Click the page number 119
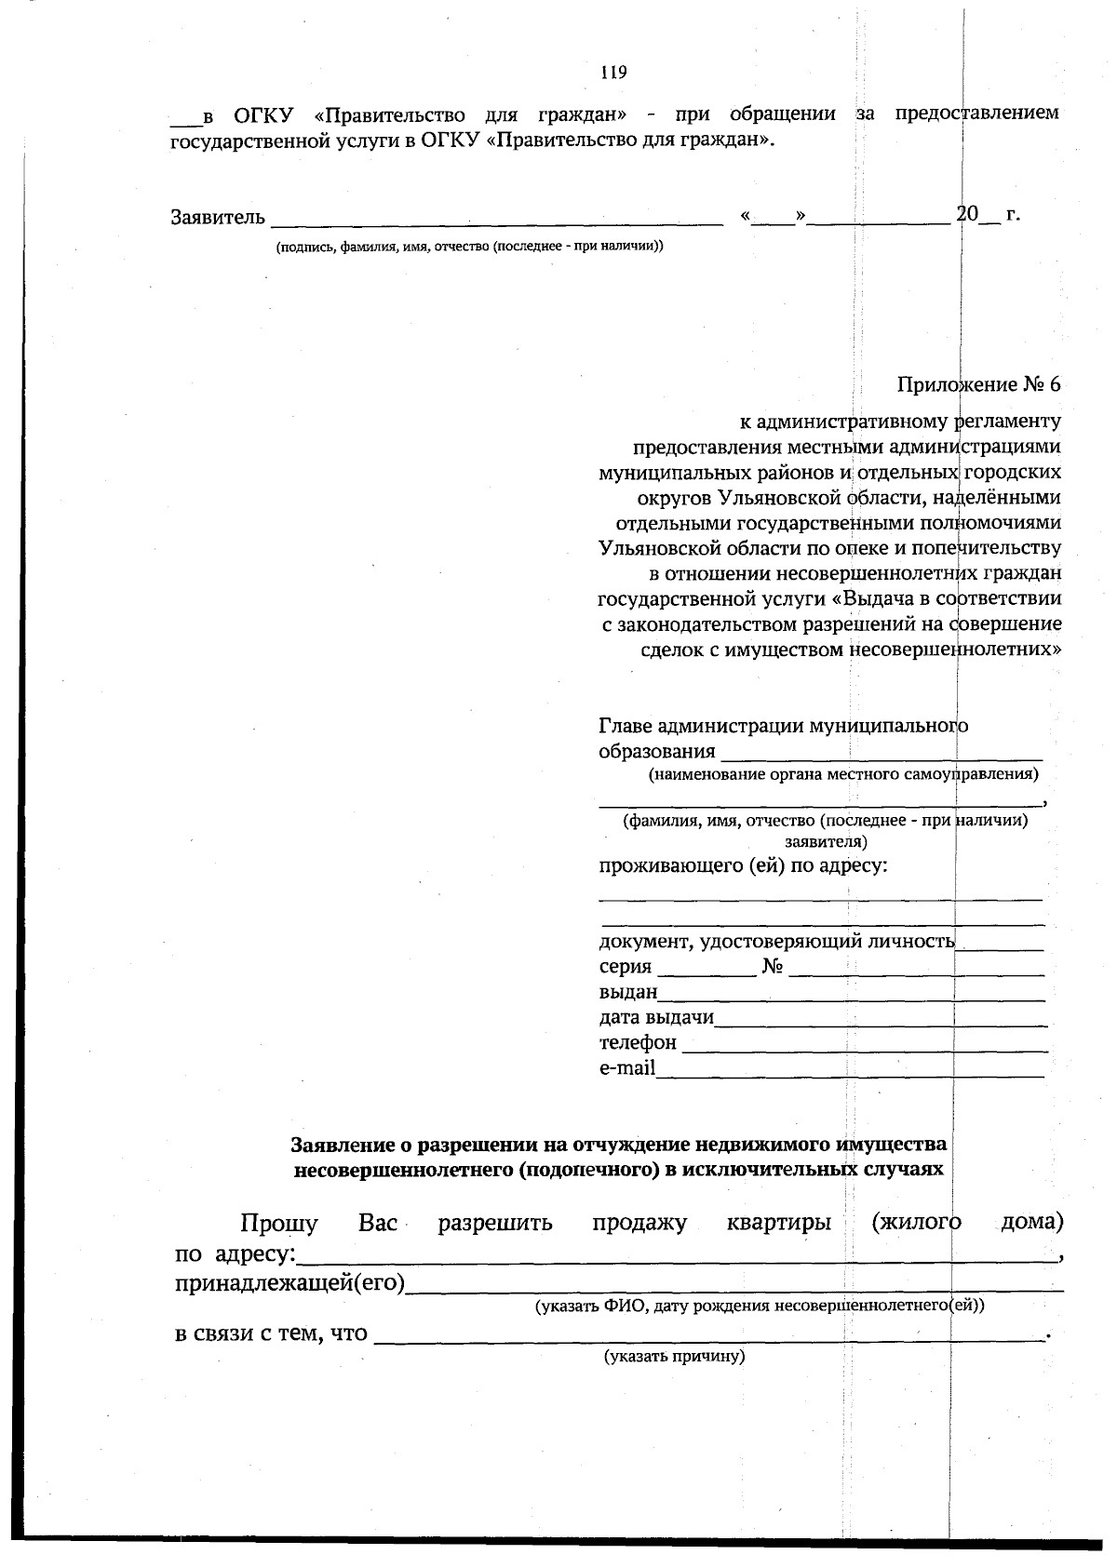coord(613,73)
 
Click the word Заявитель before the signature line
coord(218,218)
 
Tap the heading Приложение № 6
coord(978,384)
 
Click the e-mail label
coord(626,1067)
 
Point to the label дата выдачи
coord(655,1017)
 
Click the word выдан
coord(627,992)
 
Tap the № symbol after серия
coord(773,967)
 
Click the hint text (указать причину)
coord(675,1356)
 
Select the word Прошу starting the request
coord(278,1223)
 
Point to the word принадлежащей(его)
coord(289,1284)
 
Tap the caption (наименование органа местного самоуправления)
coord(842,774)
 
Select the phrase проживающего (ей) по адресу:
coord(742,866)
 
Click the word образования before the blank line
coord(656,751)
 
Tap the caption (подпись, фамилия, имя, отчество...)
coord(468,247)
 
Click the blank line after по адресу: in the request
coord(675,1258)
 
